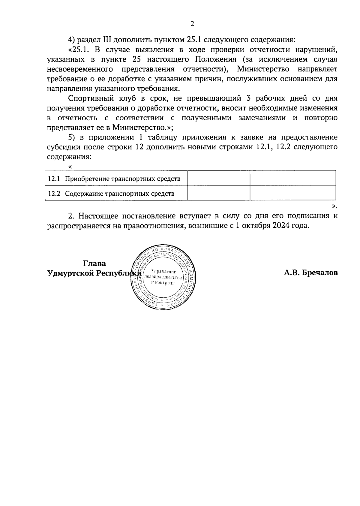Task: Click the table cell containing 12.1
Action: point(54,179)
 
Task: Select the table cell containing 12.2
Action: point(54,194)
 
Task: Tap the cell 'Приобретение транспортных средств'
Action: point(123,179)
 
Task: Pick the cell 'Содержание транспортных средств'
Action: point(120,194)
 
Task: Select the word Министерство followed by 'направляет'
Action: point(263,69)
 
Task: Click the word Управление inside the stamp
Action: point(163,272)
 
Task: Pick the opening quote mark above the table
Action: point(70,167)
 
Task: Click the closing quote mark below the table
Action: point(334,206)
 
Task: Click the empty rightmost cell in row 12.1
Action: point(293,178)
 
